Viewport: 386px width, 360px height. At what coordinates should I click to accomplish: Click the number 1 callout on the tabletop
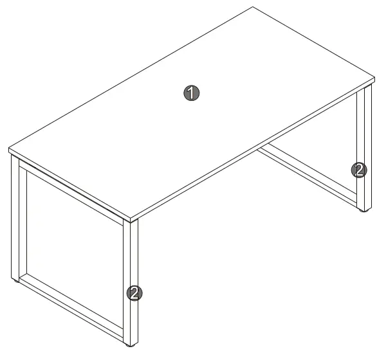191,93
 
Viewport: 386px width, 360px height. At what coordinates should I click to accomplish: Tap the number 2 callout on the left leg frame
134,293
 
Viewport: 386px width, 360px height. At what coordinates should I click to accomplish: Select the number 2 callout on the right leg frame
359,170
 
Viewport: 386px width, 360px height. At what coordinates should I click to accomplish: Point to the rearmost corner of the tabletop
253,7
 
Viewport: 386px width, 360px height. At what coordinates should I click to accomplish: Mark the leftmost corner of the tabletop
8,148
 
